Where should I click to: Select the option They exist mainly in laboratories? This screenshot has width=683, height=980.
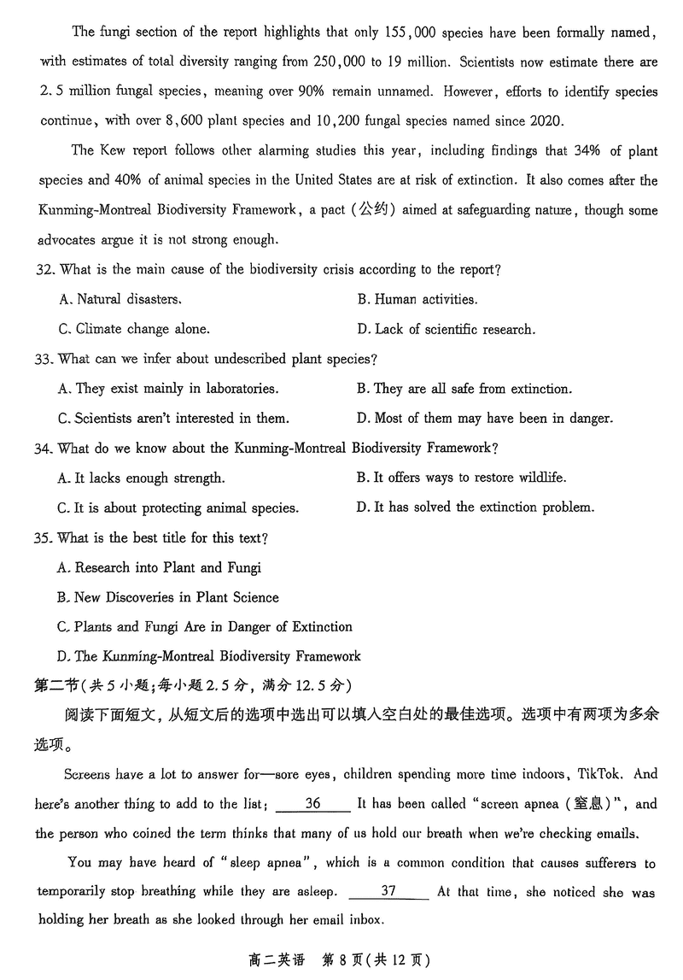[x=168, y=389]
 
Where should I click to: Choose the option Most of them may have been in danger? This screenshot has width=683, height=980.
[x=484, y=419]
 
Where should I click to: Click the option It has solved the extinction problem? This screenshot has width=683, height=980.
[x=475, y=508]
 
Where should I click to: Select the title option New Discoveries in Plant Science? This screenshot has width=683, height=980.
[x=168, y=597]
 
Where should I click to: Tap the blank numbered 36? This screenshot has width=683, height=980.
[x=312, y=804]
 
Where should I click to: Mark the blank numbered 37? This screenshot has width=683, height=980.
[x=388, y=892]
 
